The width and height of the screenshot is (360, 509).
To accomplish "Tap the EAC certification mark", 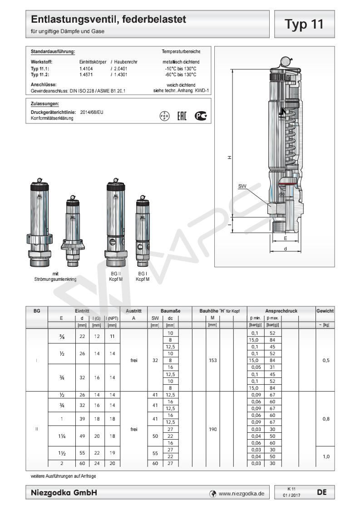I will (182, 116).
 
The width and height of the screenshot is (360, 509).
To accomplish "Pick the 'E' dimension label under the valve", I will (285, 238).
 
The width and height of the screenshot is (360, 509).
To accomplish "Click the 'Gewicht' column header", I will (325, 311).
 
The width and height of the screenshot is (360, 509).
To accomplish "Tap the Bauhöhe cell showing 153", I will (212, 361).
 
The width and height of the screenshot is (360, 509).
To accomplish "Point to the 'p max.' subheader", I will (271, 318).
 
